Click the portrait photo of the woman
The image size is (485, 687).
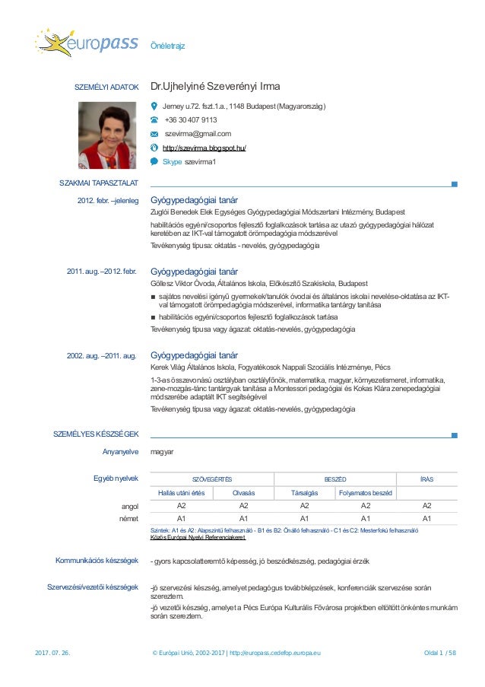coord(108,135)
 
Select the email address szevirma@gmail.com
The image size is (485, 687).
coord(198,134)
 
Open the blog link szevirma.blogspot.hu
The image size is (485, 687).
coord(204,148)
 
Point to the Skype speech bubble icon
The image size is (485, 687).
coord(154,161)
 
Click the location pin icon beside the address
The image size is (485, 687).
coord(154,106)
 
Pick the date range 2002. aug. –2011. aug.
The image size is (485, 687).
coord(102,355)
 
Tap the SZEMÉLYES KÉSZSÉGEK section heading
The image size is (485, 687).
coord(96,434)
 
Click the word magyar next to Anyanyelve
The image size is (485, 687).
coord(163,452)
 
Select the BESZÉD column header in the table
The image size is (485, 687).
coord(335,479)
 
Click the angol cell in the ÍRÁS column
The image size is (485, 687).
coord(426,505)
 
